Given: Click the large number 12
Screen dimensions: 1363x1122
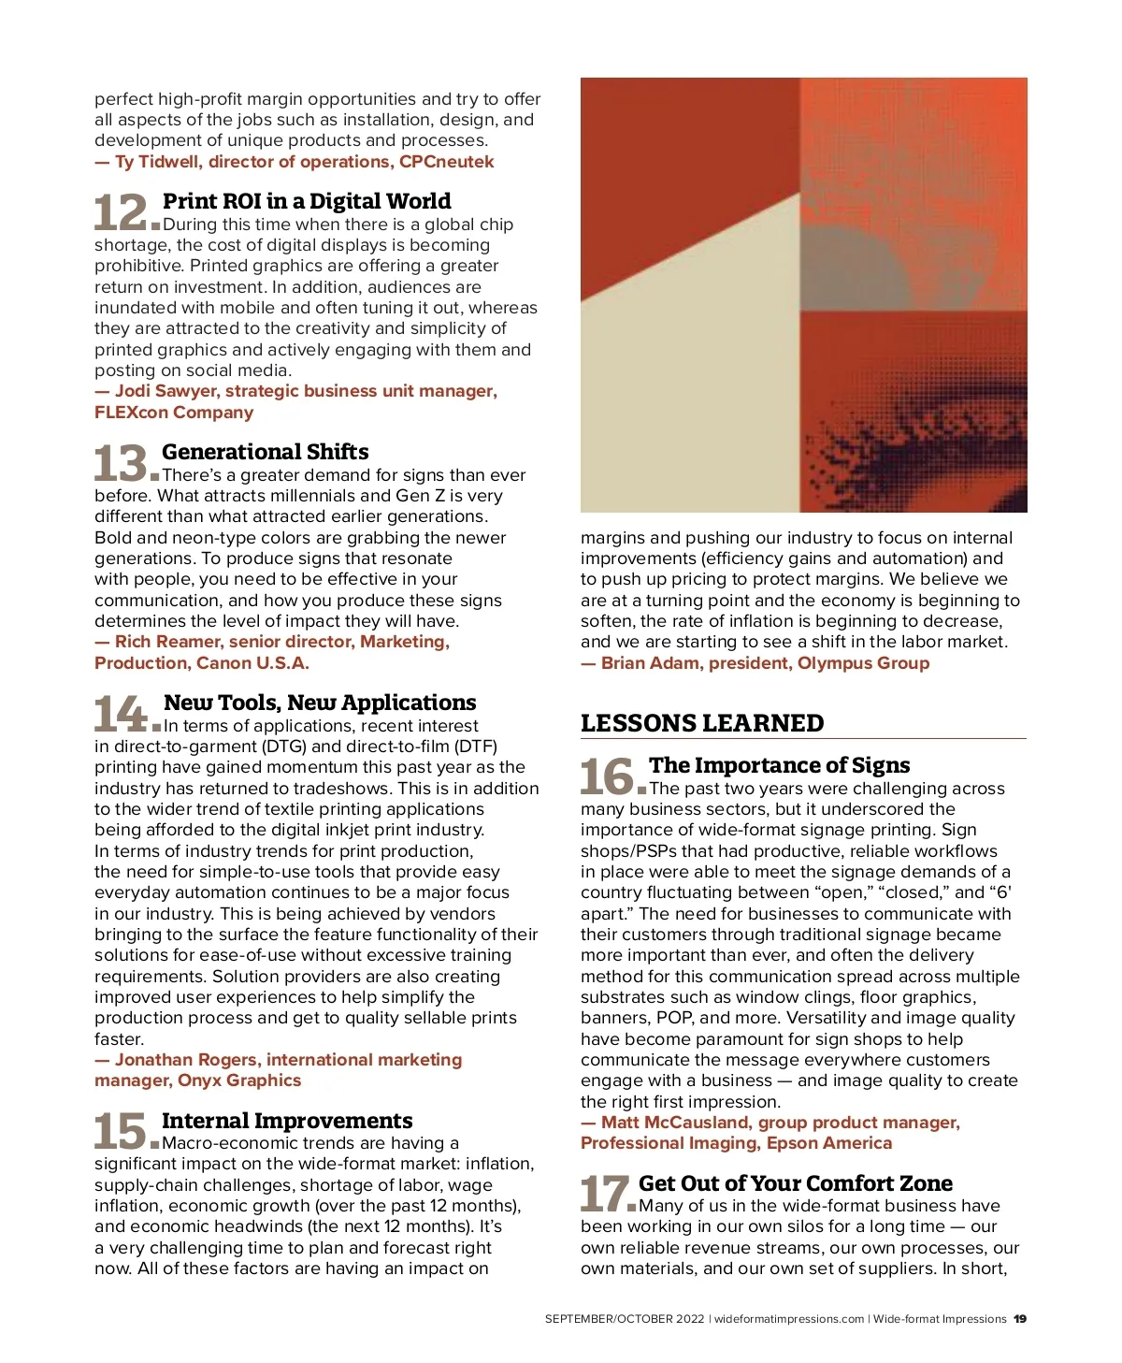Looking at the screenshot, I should tap(121, 212).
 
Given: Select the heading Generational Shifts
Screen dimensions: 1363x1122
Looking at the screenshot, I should tap(265, 452).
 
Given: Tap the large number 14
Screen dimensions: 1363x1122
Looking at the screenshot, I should tap(120, 714).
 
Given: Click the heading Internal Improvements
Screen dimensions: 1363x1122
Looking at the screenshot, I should tap(286, 1121).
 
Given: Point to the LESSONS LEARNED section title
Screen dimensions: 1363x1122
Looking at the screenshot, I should tap(702, 723).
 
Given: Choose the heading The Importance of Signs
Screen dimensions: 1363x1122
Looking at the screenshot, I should tap(779, 765).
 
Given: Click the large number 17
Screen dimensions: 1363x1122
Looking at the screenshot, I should tap(605, 1195).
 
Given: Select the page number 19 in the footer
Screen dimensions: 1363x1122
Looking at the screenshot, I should tap(1020, 1319).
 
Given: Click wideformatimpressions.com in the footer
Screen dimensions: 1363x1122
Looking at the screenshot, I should tap(789, 1319).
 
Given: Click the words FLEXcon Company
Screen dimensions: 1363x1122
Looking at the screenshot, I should tap(174, 413).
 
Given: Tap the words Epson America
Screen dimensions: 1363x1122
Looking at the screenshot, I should tap(829, 1143).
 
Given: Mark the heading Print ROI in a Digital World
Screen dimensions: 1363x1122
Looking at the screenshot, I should tap(307, 201).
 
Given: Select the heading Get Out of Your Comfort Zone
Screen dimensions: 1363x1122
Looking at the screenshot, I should tap(795, 1183).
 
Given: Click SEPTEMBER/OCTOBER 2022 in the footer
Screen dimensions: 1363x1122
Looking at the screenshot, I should tap(625, 1319).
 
